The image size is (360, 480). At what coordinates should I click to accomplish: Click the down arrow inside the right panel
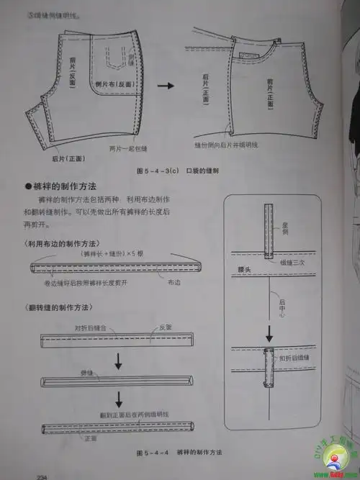coord(269,333)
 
